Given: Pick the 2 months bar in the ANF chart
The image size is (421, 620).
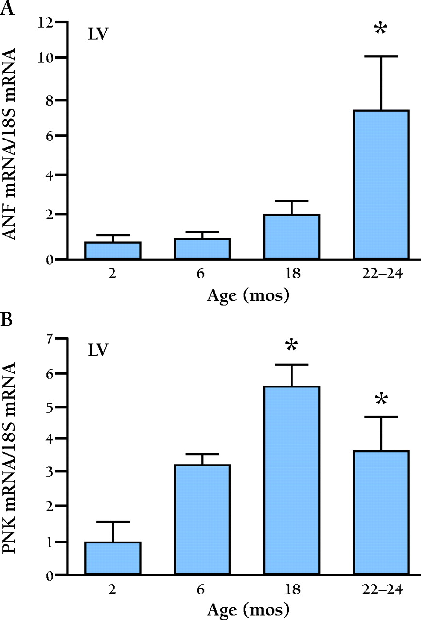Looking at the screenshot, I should click(x=113, y=250).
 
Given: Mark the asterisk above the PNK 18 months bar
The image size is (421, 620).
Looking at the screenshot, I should click(x=291, y=346).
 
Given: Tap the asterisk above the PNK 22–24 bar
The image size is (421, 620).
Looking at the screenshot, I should click(x=381, y=400).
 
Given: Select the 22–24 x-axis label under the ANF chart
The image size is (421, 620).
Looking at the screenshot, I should click(x=381, y=275).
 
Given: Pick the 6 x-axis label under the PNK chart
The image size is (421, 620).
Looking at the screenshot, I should click(x=202, y=591).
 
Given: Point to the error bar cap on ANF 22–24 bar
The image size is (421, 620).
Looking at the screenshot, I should click(x=381, y=57).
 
